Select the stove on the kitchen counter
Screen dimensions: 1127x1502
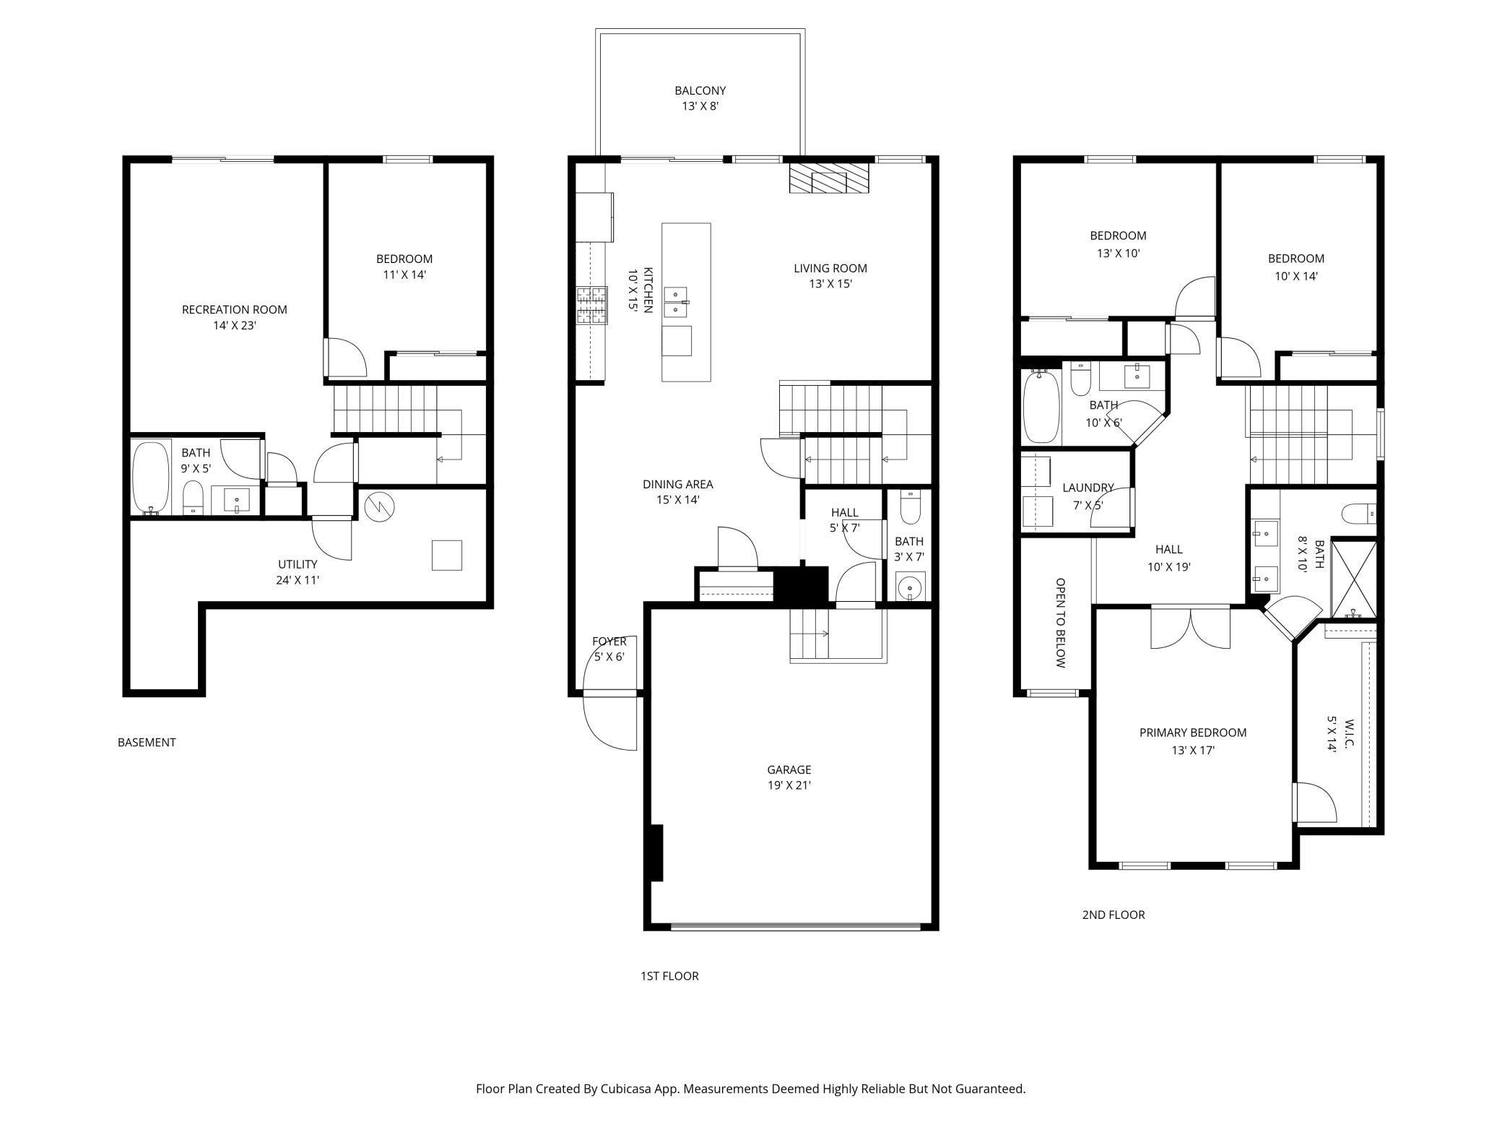[x=592, y=305]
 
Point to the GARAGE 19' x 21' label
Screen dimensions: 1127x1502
[x=789, y=777]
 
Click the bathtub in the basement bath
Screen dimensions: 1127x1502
[x=151, y=478]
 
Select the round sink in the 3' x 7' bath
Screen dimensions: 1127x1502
[x=910, y=587]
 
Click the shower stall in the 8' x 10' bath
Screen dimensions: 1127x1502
[x=1354, y=579]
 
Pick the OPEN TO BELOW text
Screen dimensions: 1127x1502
[x=1060, y=622]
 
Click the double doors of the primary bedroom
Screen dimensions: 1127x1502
[x=1190, y=627]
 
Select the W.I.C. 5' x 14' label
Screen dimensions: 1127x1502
[x=1340, y=735]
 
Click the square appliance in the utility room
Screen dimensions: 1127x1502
[x=446, y=555]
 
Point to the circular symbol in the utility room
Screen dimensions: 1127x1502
[x=379, y=507]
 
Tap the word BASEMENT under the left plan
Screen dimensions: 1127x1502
[x=147, y=742]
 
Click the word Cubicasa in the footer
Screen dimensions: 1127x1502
[x=628, y=1088]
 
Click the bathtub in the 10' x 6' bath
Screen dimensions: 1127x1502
[x=1041, y=407]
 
